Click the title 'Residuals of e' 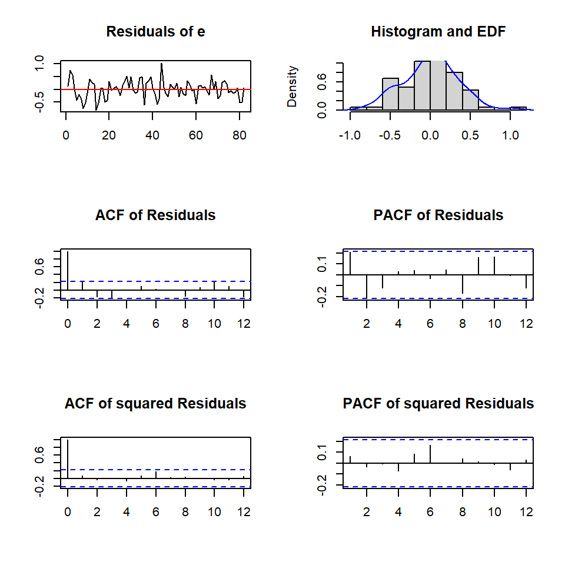tap(155, 32)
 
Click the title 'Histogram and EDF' tap(438, 32)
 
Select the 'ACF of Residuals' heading tap(155, 215)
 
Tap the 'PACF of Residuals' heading tap(438, 215)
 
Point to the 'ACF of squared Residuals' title tap(155, 404)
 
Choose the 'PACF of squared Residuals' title tap(438, 404)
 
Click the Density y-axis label tap(293, 86)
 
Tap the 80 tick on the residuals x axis tap(239, 135)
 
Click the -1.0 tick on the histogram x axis tap(350, 135)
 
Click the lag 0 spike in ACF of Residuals tap(68, 271)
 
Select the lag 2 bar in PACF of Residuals tap(367, 286)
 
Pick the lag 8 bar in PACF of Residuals tap(463, 284)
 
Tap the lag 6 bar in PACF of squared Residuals tap(430, 454)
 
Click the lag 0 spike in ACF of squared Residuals tap(68, 459)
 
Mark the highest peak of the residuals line tap(161, 64)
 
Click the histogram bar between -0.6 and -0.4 tap(390, 94)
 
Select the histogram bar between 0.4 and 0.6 tap(470, 100)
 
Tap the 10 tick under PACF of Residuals tap(494, 323)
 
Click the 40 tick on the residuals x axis tap(152, 135)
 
